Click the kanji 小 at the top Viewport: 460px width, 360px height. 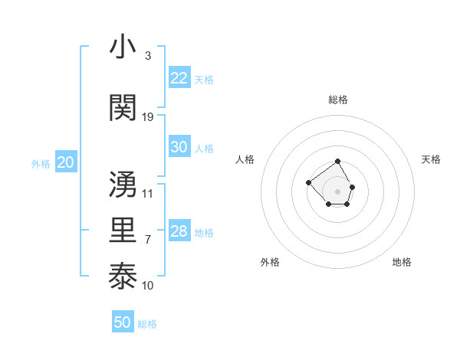click(x=123, y=47)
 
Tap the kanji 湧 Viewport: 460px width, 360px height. click(x=123, y=185)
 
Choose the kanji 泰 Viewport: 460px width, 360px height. click(x=123, y=275)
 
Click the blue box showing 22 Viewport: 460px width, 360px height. click(x=179, y=78)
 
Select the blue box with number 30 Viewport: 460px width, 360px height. click(x=179, y=147)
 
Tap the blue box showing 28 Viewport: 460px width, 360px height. click(x=179, y=231)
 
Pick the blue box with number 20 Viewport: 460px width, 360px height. click(x=66, y=162)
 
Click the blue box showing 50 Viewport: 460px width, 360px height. click(x=123, y=322)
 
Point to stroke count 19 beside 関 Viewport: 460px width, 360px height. click(x=148, y=117)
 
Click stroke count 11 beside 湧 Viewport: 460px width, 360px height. click(x=148, y=194)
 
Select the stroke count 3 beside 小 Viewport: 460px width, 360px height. click(x=148, y=56)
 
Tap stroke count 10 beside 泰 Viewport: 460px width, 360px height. click(x=148, y=286)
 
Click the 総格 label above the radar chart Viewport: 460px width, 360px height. click(x=338, y=100)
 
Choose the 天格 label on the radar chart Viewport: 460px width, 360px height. click(x=432, y=159)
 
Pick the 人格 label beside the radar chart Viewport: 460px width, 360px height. click(x=245, y=159)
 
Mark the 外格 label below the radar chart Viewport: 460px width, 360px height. click(x=270, y=262)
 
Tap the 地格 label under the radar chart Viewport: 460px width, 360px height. click(x=402, y=262)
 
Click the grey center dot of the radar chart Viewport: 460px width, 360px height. click(x=338, y=191)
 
